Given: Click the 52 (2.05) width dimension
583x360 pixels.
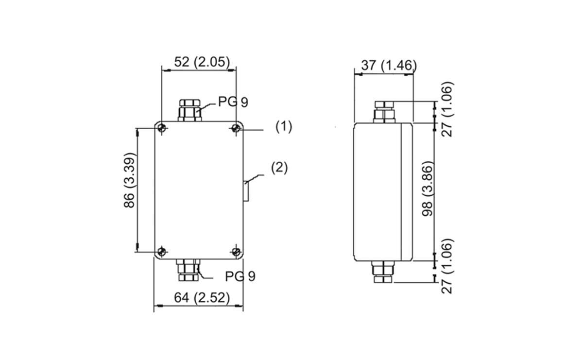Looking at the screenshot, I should tap(199, 62).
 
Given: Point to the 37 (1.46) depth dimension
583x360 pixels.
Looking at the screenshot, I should tap(389, 66).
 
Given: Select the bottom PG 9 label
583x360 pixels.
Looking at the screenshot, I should tap(240, 276).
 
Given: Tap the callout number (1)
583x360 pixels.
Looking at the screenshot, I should tap(284, 127).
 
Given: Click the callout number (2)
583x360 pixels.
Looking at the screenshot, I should tap(279, 168).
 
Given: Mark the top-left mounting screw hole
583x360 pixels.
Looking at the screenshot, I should tap(162, 128).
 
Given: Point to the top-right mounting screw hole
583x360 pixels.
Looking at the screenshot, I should tap(236, 128).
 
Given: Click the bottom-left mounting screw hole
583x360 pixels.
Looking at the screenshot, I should tap(162, 252).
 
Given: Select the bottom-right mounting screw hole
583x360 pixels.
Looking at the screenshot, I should tap(236, 252).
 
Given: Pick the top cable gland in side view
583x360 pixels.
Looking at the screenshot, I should tap(384, 111).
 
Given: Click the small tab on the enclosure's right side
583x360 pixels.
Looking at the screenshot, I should tap(246, 190).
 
